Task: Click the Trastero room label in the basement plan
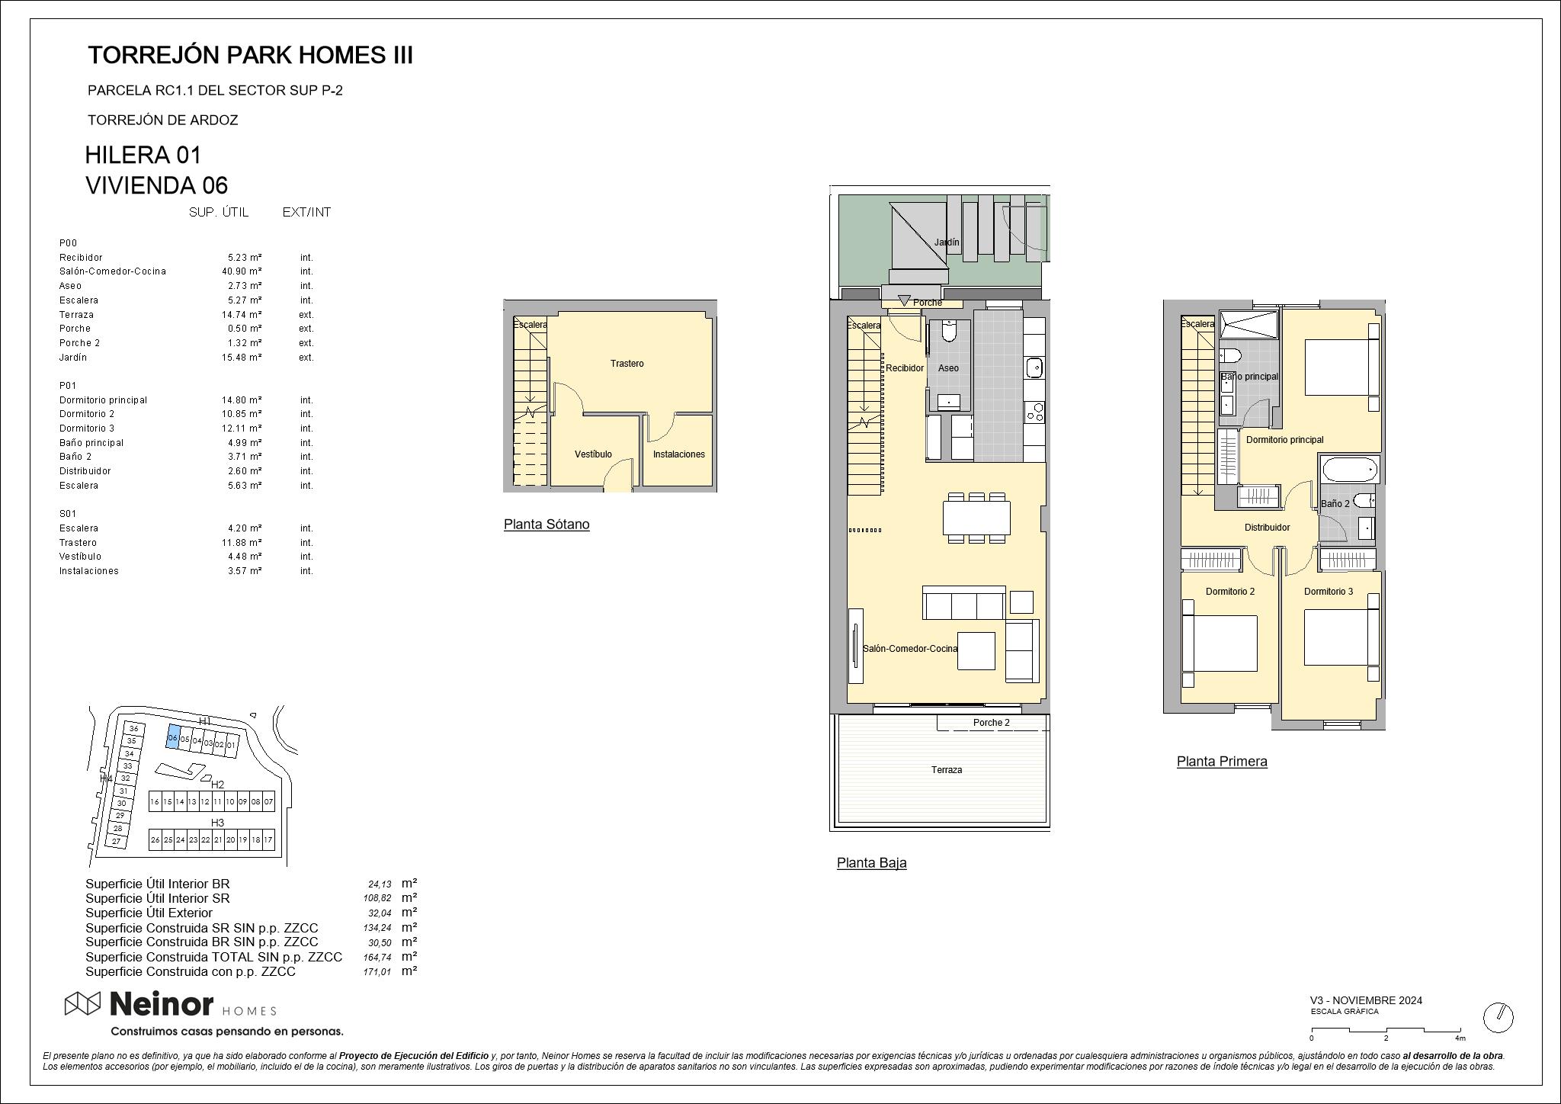(x=627, y=364)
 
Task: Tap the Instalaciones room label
(x=678, y=454)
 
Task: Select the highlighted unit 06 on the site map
(x=173, y=737)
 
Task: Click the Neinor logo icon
(x=82, y=1004)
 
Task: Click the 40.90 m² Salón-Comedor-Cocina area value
(x=242, y=271)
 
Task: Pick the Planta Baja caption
(x=871, y=863)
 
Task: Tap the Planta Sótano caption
(x=547, y=525)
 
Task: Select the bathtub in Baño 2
(x=1349, y=469)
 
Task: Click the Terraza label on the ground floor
(x=946, y=770)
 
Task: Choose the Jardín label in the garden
(x=947, y=242)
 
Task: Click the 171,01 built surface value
(x=379, y=972)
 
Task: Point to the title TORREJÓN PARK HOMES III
(x=250, y=55)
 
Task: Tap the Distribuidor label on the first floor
(x=1267, y=528)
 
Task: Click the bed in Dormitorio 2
(x=1219, y=643)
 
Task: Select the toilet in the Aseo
(x=949, y=331)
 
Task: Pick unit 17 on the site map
(x=268, y=839)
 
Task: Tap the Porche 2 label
(x=991, y=723)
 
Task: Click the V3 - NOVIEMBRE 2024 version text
(x=1366, y=1000)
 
